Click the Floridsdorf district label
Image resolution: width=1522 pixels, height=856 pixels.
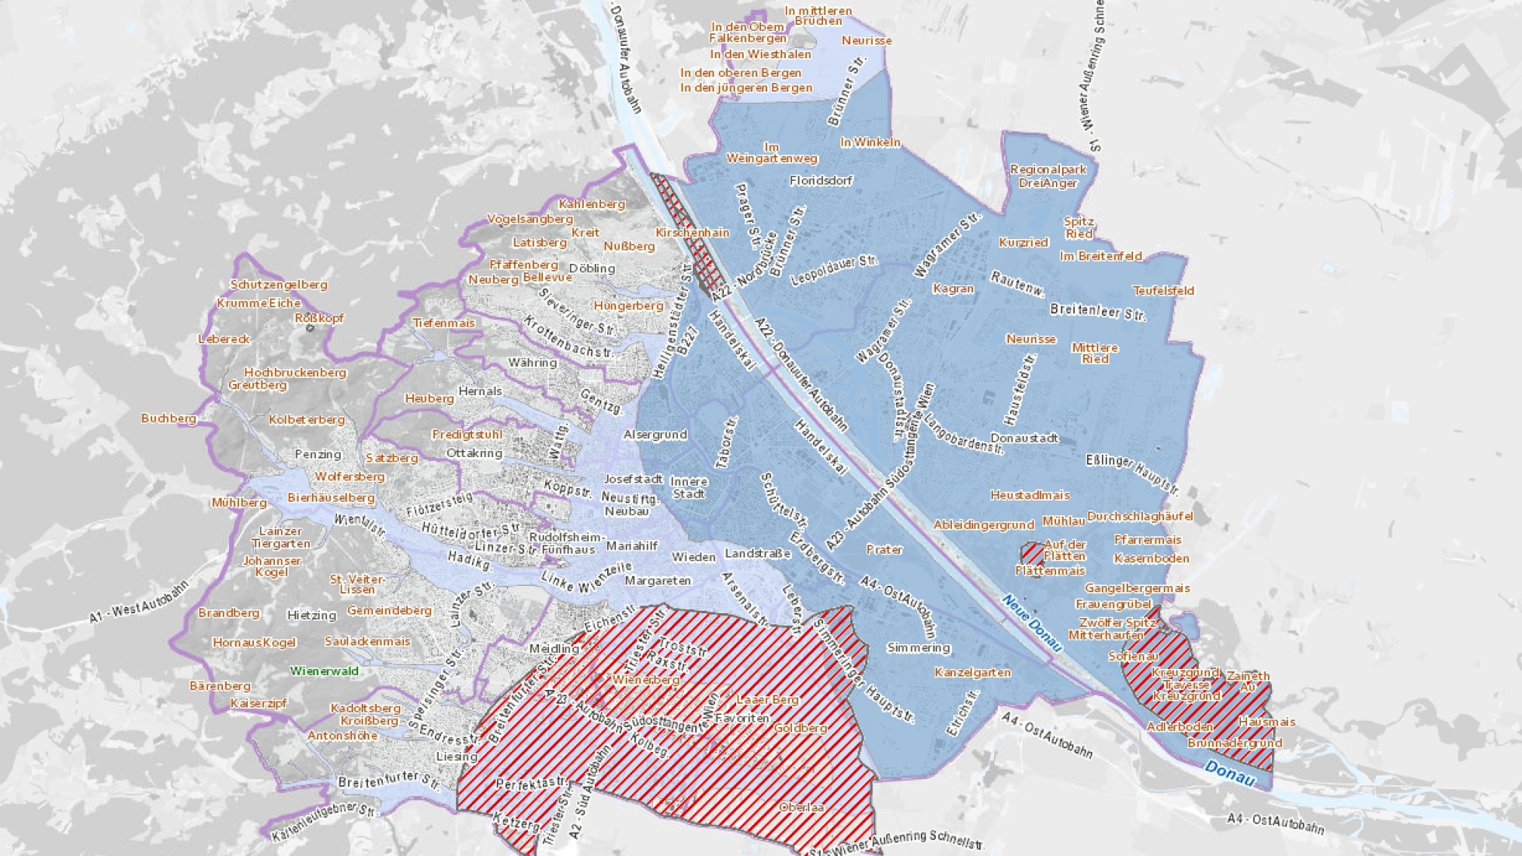pyautogui.click(x=821, y=181)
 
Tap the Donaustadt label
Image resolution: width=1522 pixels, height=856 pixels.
pyautogui.click(x=1024, y=438)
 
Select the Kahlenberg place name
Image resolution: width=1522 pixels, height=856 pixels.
pyautogui.click(x=592, y=204)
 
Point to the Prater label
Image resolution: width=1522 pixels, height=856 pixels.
pyautogui.click(x=884, y=549)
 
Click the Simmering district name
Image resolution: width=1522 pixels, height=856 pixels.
pyautogui.click(x=919, y=647)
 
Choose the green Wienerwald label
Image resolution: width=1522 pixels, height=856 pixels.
pyautogui.click(x=324, y=671)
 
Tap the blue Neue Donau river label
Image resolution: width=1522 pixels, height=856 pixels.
pyautogui.click(x=1032, y=622)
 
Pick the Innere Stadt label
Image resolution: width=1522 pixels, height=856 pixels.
pyautogui.click(x=689, y=487)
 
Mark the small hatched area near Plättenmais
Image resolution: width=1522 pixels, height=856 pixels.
pyautogui.click(x=1033, y=554)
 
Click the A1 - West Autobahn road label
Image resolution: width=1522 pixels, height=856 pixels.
pyautogui.click(x=139, y=602)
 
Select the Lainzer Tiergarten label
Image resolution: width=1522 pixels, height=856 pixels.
pyautogui.click(x=280, y=537)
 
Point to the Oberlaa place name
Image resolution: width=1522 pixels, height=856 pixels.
pyautogui.click(x=801, y=807)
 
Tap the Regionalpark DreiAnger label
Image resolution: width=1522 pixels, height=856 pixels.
pyautogui.click(x=1048, y=176)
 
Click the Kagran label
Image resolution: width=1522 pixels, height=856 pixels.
pyautogui.click(x=953, y=289)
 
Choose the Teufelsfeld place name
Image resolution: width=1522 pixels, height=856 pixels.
pyautogui.click(x=1162, y=291)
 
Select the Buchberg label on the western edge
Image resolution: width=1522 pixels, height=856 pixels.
pyautogui.click(x=169, y=418)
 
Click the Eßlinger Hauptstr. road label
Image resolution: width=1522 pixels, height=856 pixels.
pyautogui.click(x=1132, y=473)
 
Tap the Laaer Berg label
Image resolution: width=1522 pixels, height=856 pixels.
pyautogui.click(x=767, y=699)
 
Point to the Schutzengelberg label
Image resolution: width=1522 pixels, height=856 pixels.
pyautogui.click(x=279, y=285)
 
